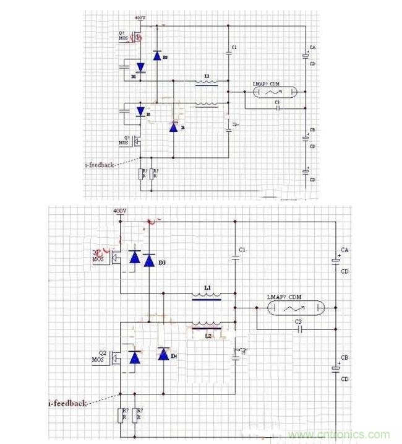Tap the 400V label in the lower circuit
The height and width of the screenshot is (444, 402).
click(120, 211)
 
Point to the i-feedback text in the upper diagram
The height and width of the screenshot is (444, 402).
click(100, 165)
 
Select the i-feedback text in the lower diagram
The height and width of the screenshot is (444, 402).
click(67, 403)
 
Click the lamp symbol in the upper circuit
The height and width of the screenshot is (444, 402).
click(274, 92)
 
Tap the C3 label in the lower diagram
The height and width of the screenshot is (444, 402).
click(297, 321)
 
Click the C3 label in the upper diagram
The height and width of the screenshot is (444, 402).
click(277, 102)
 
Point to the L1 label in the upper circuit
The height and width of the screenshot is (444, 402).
click(207, 76)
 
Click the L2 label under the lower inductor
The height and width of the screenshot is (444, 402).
click(208, 336)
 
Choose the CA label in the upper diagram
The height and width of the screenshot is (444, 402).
click(313, 48)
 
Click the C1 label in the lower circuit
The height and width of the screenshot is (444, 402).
click(242, 249)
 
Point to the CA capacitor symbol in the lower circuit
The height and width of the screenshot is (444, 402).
click(336, 261)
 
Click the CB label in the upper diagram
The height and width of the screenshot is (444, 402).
click(313, 131)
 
